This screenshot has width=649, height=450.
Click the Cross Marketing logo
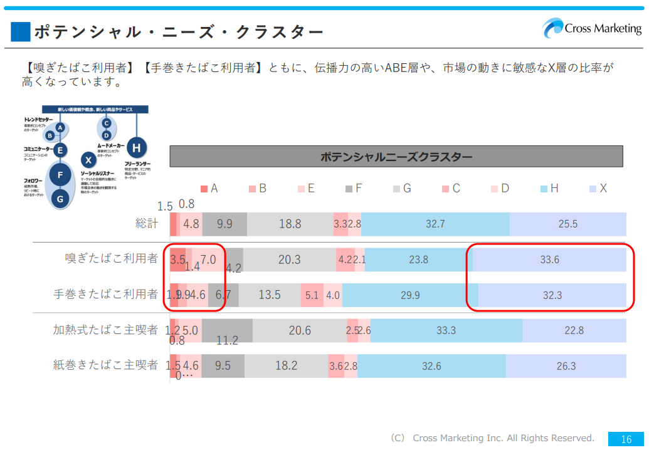(592, 28)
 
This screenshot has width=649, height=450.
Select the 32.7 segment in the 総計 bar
(435, 224)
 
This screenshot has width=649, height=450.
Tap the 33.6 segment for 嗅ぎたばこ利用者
(549, 259)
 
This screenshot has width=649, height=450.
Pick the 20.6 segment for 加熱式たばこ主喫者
(300, 330)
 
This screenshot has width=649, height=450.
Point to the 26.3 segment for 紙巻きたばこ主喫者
(566, 366)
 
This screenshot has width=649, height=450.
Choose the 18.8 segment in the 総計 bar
(290, 224)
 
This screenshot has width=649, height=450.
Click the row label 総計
(147, 224)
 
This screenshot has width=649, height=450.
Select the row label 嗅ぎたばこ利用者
(112, 258)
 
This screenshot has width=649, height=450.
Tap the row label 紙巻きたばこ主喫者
(105, 365)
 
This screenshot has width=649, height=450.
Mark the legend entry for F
(353, 189)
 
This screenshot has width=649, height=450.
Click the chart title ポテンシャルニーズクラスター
(396, 157)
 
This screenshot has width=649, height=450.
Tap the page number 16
(626, 439)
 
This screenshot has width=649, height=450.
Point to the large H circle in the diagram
(136, 149)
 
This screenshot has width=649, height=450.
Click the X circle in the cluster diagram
(88, 160)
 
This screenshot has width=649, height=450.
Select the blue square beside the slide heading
(21, 31)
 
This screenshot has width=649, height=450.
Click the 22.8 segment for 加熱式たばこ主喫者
(574, 330)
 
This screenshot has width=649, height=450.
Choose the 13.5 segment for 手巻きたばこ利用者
(270, 295)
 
